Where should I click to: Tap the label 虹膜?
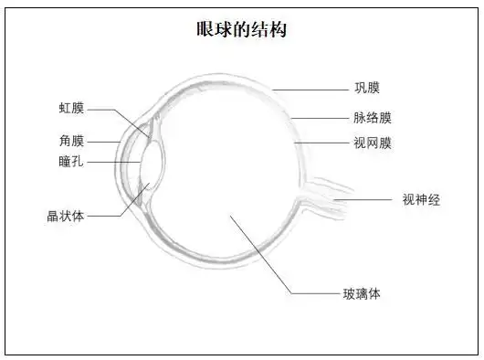pyautogui.click(x=71, y=109)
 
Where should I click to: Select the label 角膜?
pyautogui.click(x=71, y=141)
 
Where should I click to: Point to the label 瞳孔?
pyautogui.click(x=71, y=161)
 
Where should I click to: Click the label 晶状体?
pyautogui.click(x=66, y=217)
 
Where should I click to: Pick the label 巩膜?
pyautogui.click(x=367, y=88)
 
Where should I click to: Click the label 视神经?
pyautogui.click(x=421, y=199)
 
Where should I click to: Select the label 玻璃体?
pyautogui.click(x=362, y=293)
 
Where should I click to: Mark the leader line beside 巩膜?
pyautogui.click(x=310, y=89)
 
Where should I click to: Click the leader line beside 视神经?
pyautogui.click(x=365, y=199)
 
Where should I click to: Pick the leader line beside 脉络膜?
pyautogui.click(x=320, y=118)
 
